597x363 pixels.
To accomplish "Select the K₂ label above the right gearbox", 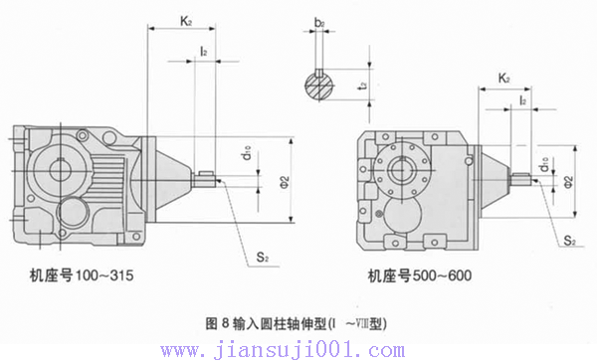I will [x=504, y=77].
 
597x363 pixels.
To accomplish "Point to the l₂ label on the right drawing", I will [x=522, y=101].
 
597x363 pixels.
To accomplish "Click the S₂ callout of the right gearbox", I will [x=569, y=241].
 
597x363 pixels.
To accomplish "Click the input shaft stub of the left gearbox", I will [x=206, y=179].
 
